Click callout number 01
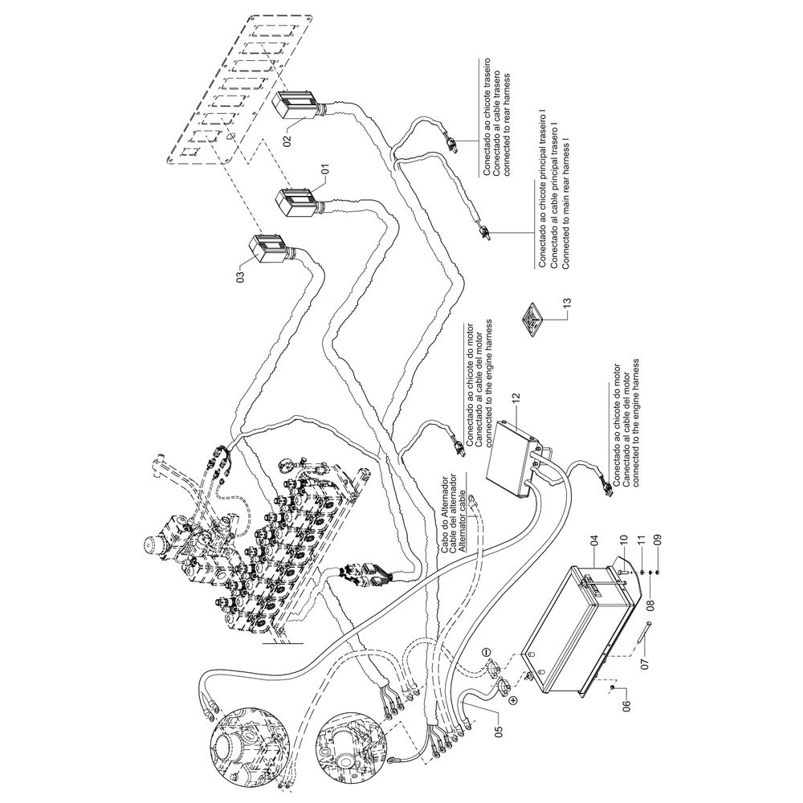[x=325, y=170]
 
